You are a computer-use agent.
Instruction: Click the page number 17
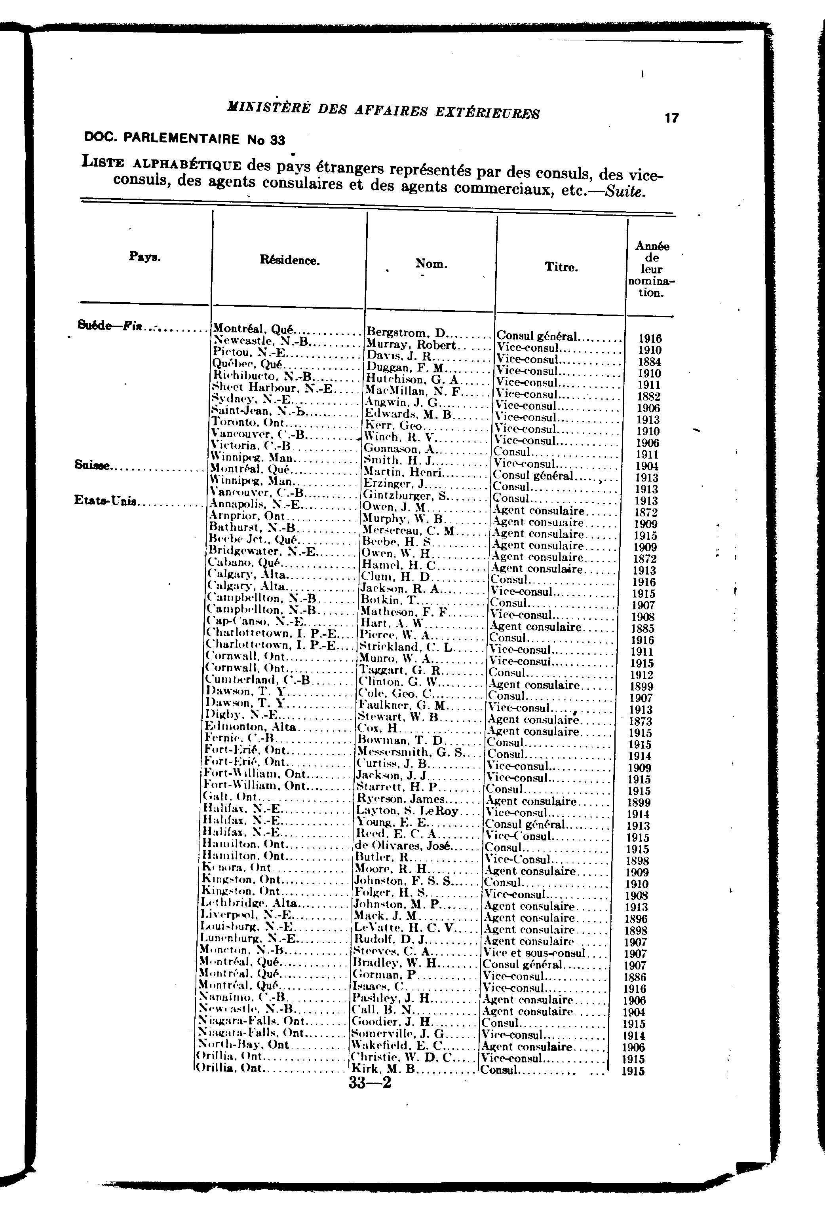[671, 118]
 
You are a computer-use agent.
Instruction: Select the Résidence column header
[290, 261]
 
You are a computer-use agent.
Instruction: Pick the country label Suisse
[93, 467]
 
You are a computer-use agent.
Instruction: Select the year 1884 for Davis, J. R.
[650, 362]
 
